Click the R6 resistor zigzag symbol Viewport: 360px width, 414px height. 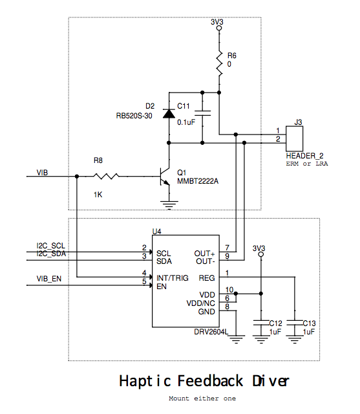pos(219,64)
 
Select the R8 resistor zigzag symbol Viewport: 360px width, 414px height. pos(106,176)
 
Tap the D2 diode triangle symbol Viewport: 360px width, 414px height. pos(169,114)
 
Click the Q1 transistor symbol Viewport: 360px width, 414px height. pos(165,177)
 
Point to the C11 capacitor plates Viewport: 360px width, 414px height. pos(202,113)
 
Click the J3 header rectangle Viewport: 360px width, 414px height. pos(294,138)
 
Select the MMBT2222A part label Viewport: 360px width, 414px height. pos(198,181)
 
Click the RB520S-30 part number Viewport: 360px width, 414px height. pos(134,116)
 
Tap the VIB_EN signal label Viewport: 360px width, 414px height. pos(48,279)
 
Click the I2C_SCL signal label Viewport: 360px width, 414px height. pos(50,246)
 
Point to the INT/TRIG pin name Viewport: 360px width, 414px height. pos(173,278)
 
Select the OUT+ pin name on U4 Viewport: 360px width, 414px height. pos(204,254)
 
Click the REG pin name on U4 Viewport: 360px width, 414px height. pos(207,278)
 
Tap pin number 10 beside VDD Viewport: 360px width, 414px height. pos(229,290)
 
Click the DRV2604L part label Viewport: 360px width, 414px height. pos(211,332)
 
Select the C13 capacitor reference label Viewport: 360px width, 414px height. pos(309,323)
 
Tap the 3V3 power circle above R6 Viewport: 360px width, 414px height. pos(219,28)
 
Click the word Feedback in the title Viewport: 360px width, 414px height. pos(210,381)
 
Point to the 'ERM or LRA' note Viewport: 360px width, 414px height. pos(307,164)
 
